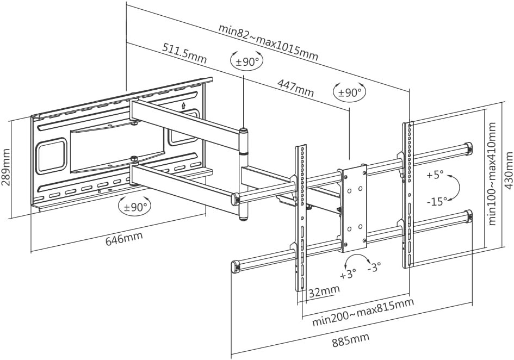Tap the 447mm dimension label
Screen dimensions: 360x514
point(295,88)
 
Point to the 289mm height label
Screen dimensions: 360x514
point(7,167)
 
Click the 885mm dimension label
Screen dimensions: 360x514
point(351,340)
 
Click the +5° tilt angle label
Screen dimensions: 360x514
point(435,176)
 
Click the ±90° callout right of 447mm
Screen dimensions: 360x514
point(350,93)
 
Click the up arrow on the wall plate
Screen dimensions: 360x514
point(183,105)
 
